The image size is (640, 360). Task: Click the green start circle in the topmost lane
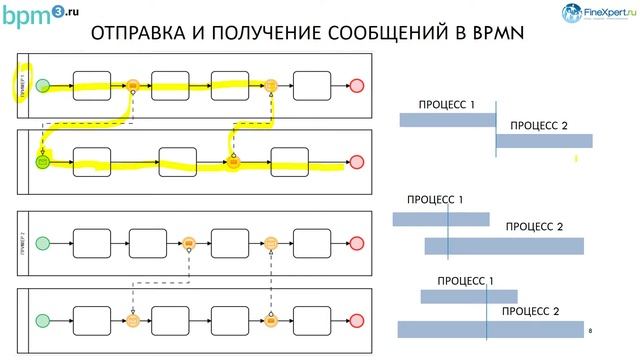[43, 86]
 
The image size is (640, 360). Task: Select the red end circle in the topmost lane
[358, 86]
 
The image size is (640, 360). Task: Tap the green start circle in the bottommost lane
[43, 320]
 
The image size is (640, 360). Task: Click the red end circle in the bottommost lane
[358, 320]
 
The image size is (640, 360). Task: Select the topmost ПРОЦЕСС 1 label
[447, 104]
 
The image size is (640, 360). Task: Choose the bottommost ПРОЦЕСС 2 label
[529, 311]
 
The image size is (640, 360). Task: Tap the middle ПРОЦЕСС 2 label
[534, 227]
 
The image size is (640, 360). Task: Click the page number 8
[591, 329]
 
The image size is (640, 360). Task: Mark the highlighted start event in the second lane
[43, 160]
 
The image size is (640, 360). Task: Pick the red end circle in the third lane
[358, 242]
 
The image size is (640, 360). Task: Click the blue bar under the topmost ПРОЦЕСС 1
[447, 120]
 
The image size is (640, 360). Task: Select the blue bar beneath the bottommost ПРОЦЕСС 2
[490, 328]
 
